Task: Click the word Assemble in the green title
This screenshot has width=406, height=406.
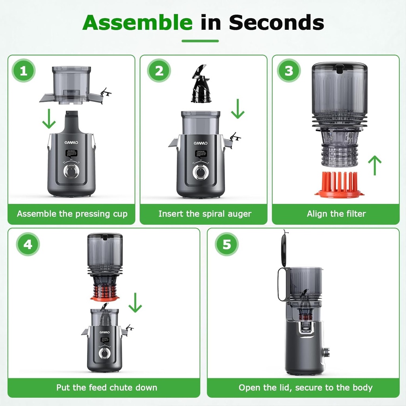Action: pos(137,23)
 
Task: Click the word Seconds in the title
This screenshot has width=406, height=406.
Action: pos(276,23)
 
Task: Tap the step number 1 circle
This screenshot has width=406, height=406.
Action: pos(23,71)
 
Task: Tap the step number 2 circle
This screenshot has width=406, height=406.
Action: pos(159,71)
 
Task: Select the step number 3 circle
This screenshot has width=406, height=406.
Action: pos(289,71)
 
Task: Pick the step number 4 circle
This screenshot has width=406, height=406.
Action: pos(28,244)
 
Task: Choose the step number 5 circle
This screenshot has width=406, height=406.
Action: pos(226,244)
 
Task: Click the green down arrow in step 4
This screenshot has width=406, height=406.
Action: pos(135,303)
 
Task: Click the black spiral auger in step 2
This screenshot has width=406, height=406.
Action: pos(201,86)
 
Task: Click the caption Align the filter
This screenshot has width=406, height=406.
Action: pos(336,214)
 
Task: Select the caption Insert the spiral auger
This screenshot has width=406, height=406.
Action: pos(205,214)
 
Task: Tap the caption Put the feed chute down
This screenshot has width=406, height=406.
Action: pos(107,387)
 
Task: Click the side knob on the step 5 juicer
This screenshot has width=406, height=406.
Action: pos(327,352)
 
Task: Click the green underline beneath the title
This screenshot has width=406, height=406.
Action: pos(200,41)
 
